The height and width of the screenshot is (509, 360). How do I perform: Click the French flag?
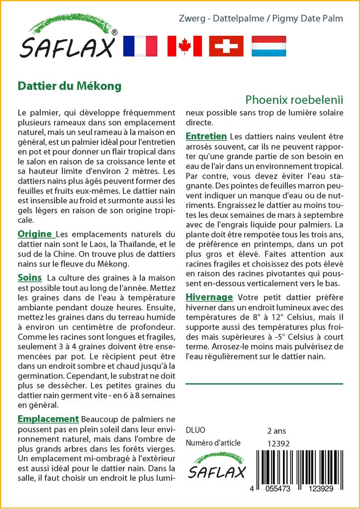pyautogui.click(x=140, y=46)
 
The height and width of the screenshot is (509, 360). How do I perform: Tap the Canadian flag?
pyautogui.click(x=184, y=46)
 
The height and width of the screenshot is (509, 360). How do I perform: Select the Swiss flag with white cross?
pyautogui.click(x=226, y=46)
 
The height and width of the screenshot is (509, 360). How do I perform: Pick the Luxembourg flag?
pyautogui.click(x=269, y=46)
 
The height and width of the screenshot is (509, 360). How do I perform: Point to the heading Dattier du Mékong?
pyautogui.click(x=69, y=85)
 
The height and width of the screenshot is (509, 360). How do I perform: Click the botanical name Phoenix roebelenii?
pyautogui.click(x=294, y=99)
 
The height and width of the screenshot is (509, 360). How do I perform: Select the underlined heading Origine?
pyautogui.click(x=35, y=234)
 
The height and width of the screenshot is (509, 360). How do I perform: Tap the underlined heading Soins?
pyautogui.click(x=29, y=277)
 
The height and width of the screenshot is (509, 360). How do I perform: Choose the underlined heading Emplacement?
pyautogui.click(x=48, y=419)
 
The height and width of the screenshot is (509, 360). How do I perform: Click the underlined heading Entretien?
pyautogui.click(x=206, y=136)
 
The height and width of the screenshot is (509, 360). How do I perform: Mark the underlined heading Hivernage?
pyautogui.click(x=209, y=297)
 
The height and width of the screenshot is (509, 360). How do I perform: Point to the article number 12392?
pyautogui.click(x=278, y=443)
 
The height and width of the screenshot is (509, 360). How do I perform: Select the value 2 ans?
pyautogui.click(x=276, y=430)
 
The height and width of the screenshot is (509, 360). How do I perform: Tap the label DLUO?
pyautogui.click(x=195, y=430)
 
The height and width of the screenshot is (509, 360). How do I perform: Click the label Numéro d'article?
pyautogui.click(x=213, y=443)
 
